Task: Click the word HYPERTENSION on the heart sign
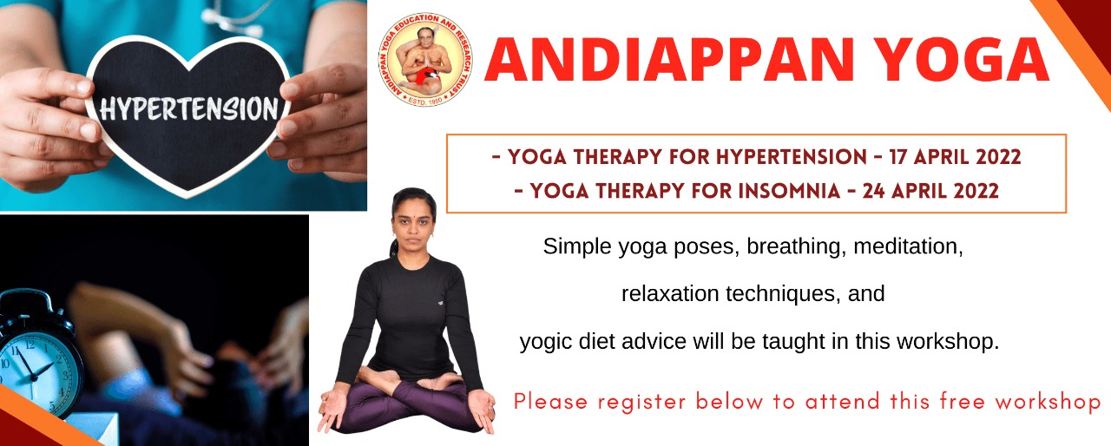189,109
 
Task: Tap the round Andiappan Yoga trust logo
425,60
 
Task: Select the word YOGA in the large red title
961,60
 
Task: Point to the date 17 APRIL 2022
956,157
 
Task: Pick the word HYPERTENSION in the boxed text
791,157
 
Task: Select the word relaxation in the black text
670,293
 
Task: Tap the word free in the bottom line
962,401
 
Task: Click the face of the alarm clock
36,369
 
